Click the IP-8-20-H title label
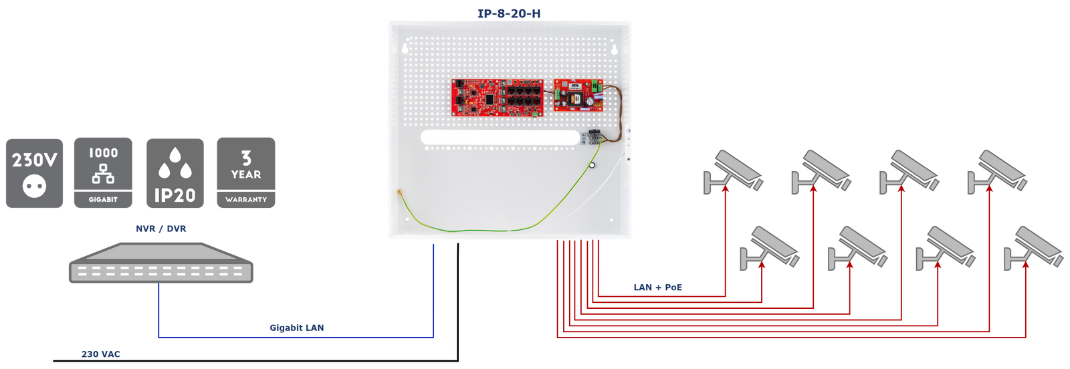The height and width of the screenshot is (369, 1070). pyautogui.click(x=509, y=13)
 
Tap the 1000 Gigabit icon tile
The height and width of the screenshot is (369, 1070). pyautogui.click(x=103, y=173)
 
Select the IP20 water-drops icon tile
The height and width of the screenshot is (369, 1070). pyautogui.click(x=175, y=173)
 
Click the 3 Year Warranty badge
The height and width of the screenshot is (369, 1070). pyautogui.click(x=246, y=173)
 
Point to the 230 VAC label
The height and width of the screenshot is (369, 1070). pyautogui.click(x=101, y=354)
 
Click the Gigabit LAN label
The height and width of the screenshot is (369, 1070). pyautogui.click(x=296, y=328)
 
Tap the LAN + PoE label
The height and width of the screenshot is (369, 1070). pyautogui.click(x=658, y=287)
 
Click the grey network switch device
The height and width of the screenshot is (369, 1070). pyautogui.click(x=160, y=263)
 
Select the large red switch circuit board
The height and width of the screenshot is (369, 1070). pyautogui.click(x=497, y=98)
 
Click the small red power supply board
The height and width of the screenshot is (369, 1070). pyautogui.click(x=578, y=95)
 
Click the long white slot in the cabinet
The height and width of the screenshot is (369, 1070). pyautogui.click(x=500, y=138)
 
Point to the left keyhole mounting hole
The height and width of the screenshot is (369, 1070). pyautogui.click(x=405, y=48)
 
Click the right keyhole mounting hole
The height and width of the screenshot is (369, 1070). pyautogui.click(x=614, y=48)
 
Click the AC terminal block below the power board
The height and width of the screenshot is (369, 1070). pyautogui.click(x=592, y=137)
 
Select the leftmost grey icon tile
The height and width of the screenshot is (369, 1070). pyautogui.click(x=35, y=173)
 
